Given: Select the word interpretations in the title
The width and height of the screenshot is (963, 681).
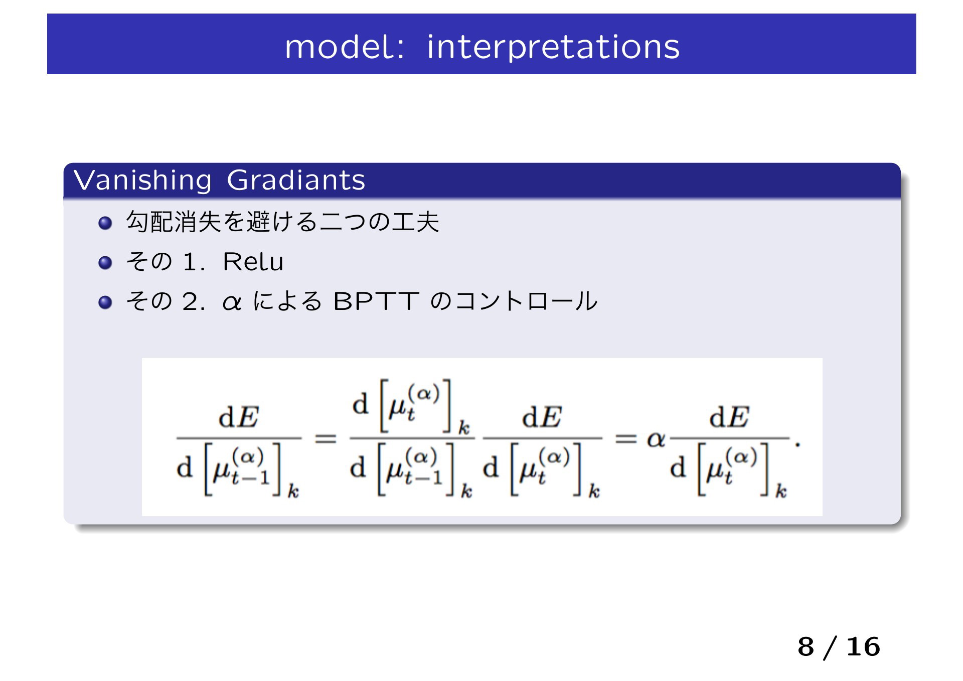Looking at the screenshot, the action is pyautogui.click(x=553, y=48).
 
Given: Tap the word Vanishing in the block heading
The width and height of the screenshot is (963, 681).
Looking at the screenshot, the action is pyautogui.click(x=142, y=181).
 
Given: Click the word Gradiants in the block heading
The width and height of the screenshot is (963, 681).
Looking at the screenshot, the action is pyautogui.click(x=296, y=180).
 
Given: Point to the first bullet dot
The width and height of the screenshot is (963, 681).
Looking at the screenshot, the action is pyautogui.click(x=105, y=223).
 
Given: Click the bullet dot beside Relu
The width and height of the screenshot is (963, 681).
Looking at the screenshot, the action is pyautogui.click(x=105, y=263).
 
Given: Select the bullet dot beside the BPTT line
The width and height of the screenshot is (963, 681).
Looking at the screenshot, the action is pyautogui.click(x=105, y=302).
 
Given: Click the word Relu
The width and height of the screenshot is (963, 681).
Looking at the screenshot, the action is pyautogui.click(x=253, y=262).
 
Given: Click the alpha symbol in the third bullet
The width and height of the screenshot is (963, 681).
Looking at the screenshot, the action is pyautogui.click(x=232, y=303).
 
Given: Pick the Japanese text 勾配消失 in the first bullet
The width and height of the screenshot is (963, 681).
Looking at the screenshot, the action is pyautogui.click(x=174, y=222).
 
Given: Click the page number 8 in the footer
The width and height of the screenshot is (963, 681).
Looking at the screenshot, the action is pyautogui.click(x=806, y=647).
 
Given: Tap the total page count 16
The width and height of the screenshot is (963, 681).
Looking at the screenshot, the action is pyautogui.click(x=863, y=647).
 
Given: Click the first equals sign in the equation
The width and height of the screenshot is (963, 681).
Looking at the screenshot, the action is pyautogui.click(x=325, y=439).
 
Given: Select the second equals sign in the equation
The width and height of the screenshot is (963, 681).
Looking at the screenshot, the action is pyautogui.click(x=626, y=439).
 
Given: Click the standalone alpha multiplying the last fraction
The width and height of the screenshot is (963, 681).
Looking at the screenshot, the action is pyautogui.click(x=656, y=440).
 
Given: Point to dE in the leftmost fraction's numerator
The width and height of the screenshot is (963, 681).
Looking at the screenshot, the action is pyautogui.click(x=239, y=417).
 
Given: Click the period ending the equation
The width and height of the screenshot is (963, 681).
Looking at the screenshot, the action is pyautogui.click(x=797, y=444).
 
